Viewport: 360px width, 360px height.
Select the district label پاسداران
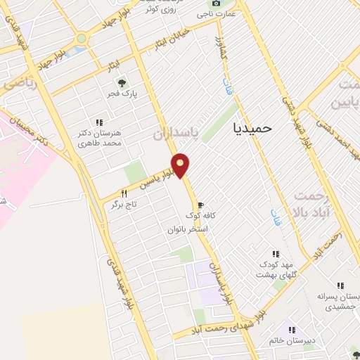(176, 132)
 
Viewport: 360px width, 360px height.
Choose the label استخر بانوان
(188, 230)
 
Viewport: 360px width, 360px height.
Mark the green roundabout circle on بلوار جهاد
(82, 37)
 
